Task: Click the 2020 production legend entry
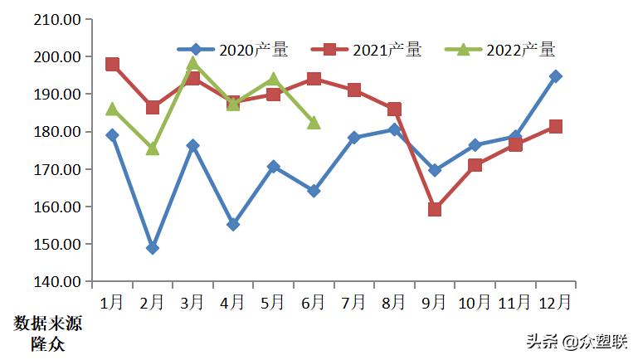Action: click(x=235, y=50)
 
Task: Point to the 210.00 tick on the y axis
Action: click(x=57, y=19)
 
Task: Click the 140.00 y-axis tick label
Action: click(x=57, y=282)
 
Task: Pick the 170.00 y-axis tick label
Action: click(x=57, y=169)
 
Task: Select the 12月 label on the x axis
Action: click(x=554, y=303)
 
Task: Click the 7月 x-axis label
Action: click(x=354, y=303)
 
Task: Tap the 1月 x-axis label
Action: click(x=112, y=303)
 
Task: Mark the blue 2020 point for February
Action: click(x=153, y=248)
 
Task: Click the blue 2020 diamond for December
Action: click(x=555, y=76)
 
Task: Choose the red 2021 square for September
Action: click(x=435, y=209)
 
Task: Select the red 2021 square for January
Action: click(x=112, y=65)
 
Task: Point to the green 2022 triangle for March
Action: click(x=192, y=62)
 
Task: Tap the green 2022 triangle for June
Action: click(x=314, y=122)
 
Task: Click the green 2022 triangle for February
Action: click(x=153, y=148)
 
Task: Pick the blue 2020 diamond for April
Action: click(x=233, y=224)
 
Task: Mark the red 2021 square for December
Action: click(x=555, y=127)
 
